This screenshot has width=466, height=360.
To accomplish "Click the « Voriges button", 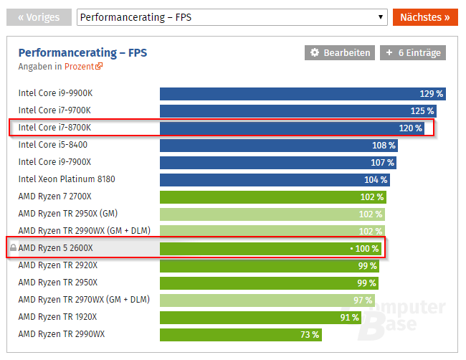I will [x=39, y=17].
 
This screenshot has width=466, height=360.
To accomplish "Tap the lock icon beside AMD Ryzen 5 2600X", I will [x=12, y=248].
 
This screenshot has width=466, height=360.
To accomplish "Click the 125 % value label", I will [x=422, y=110].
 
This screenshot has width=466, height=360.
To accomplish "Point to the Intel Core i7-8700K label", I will [x=54, y=128].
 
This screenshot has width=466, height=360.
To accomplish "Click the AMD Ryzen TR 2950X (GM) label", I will [x=67, y=214].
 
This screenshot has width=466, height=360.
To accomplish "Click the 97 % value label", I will [x=363, y=300].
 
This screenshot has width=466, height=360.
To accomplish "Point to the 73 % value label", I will [x=310, y=334].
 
